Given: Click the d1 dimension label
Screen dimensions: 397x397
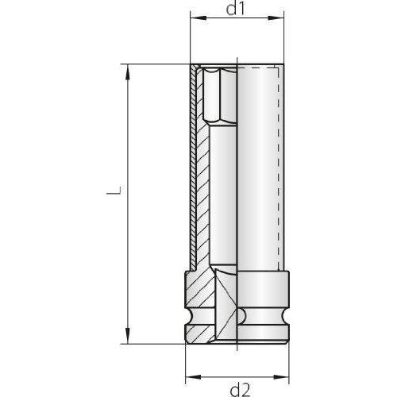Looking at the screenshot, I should pos(237,10).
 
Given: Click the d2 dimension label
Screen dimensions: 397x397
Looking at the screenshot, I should pos(237,388).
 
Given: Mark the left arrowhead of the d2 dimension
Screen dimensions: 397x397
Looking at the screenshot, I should pos(188,375).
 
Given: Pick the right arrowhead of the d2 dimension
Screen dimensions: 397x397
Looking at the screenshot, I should pos(287,375).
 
